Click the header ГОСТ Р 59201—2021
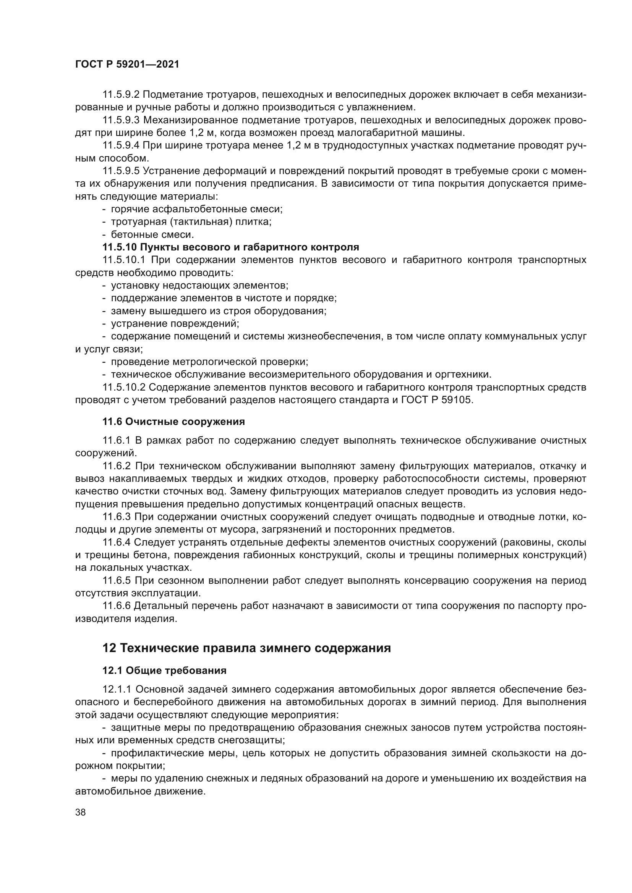pos(127,65)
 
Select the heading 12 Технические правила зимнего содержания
pos(246,659)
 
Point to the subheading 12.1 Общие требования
pos(164,681)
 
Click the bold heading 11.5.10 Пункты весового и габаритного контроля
pos(230,247)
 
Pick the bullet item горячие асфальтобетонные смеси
pos(196,209)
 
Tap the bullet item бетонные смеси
pos(152,234)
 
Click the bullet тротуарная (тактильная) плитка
pos(191,222)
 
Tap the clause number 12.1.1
pos(117,701)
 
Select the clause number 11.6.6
pos(117,606)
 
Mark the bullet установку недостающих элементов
pos(199,286)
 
